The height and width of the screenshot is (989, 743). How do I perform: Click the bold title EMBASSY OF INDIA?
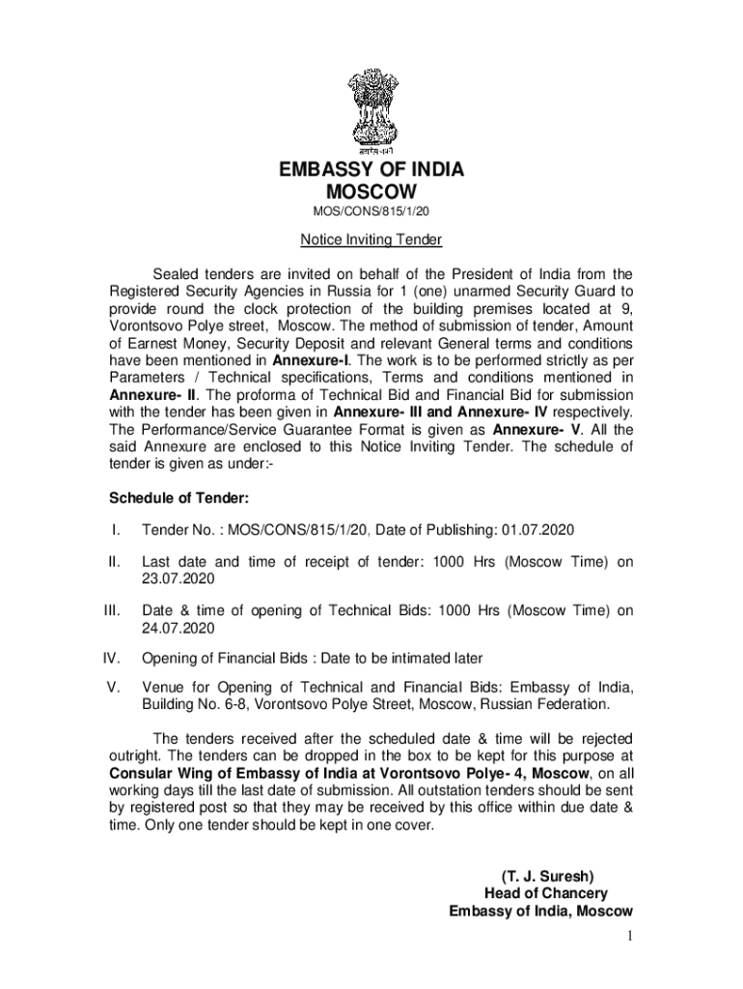click(371, 170)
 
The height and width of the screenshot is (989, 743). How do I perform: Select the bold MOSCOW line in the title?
click(371, 192)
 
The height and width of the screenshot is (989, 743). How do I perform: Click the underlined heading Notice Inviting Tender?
click(371, 240)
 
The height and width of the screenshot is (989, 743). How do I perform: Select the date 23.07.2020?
click(178, 579)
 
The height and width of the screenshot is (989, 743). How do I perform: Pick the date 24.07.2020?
click(178, 628)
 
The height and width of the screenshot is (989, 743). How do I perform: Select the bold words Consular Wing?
click(159, 774)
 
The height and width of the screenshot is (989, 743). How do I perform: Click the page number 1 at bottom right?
click(627, 936)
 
